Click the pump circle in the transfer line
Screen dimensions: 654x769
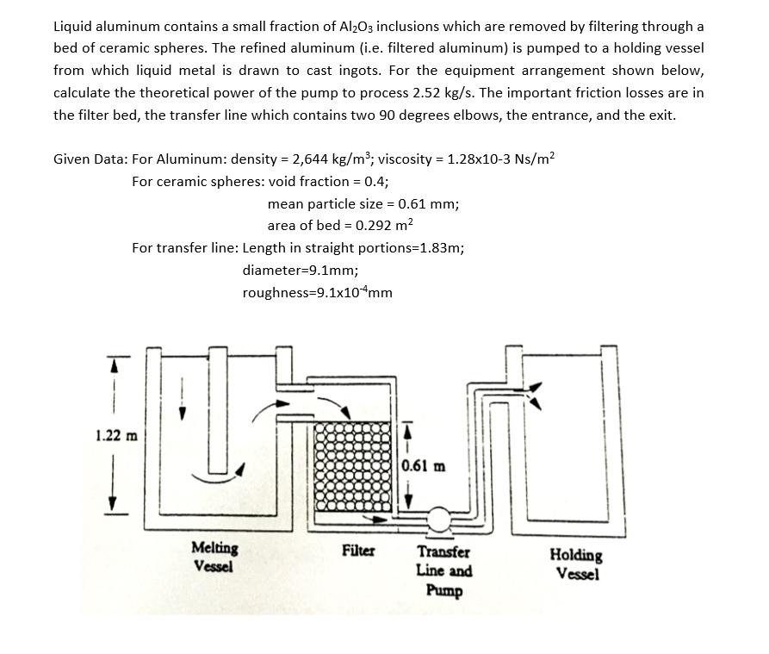pyautogui.click(x=439, y=519)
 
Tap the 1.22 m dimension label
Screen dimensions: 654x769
pyautogui.click(x=117, y=434)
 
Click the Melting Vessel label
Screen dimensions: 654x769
pyautogui.click(x=215, y=557)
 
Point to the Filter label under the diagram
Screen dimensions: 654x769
pyautogui.click(x=358, y=549)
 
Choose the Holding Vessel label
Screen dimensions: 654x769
pyautogui.click(x=576, y=564)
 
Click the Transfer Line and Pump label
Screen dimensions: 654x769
pyautogui.click(x=443, y=570)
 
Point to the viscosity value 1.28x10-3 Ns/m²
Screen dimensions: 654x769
pyautogui.click(x=499, y=159)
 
